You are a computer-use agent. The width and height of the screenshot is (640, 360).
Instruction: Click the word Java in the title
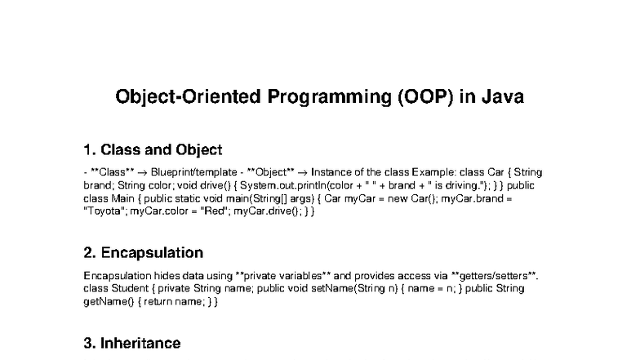click(502, 97)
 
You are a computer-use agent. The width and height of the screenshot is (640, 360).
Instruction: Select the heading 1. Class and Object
click(153, 150)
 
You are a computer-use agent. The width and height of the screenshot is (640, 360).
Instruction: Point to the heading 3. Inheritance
click(132, 343)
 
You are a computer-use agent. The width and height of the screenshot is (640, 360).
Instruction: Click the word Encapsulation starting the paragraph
click(113, 276)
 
